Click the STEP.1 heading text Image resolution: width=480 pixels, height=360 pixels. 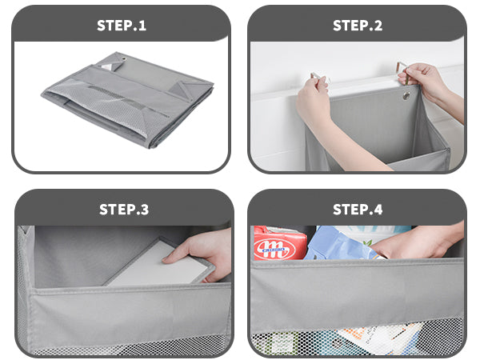(122, 25)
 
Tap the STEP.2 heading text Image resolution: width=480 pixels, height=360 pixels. (358, 25)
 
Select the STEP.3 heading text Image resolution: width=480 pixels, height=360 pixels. (124, 210)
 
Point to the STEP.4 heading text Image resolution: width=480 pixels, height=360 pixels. (358, 210)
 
